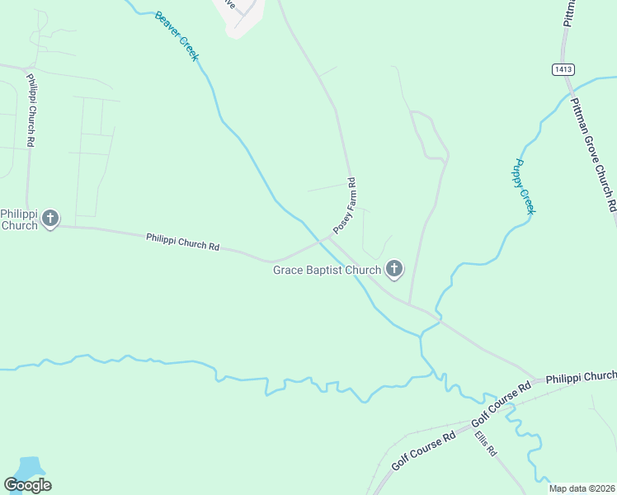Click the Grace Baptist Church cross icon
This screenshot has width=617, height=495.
(x=394, y=268)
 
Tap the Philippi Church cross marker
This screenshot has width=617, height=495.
(x=50, y=219)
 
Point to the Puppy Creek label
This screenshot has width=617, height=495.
(x=525, y=186)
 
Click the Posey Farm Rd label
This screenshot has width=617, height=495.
(x=344, y=205)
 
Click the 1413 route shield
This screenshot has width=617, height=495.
(x=563, y=70)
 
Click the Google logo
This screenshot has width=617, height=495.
(x=27, y=485)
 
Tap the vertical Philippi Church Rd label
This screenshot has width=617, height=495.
(x=30, y=111)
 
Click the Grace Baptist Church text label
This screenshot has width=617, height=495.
(x=327, y=270)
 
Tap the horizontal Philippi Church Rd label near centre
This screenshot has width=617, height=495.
(x=183, y=242)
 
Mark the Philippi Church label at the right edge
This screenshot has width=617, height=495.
(x=582, y=376)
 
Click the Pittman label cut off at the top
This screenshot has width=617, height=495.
(x=570, y=13)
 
